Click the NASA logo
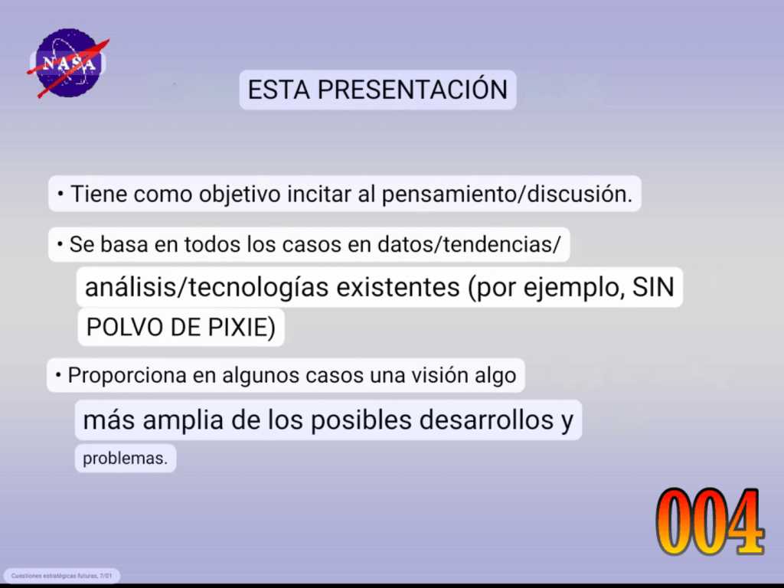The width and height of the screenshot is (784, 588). (x=68, y=63)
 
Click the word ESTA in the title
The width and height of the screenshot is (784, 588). (x=279, y=90)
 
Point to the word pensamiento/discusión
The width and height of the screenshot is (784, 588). (x=507, y=194)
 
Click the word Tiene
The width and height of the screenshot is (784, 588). (x=99, y=194)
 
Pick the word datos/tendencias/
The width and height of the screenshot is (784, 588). (x=469, y=244)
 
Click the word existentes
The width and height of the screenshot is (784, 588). (x=398, y=288)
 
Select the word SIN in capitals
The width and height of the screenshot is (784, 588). (x=653, y=288)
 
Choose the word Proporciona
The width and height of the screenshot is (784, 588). (x=127, y=375)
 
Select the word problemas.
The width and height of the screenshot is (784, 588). (x=125, y=459)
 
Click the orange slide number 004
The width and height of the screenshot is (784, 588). (x=710, y=521)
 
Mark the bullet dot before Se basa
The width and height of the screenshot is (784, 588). (x=60, y=244)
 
